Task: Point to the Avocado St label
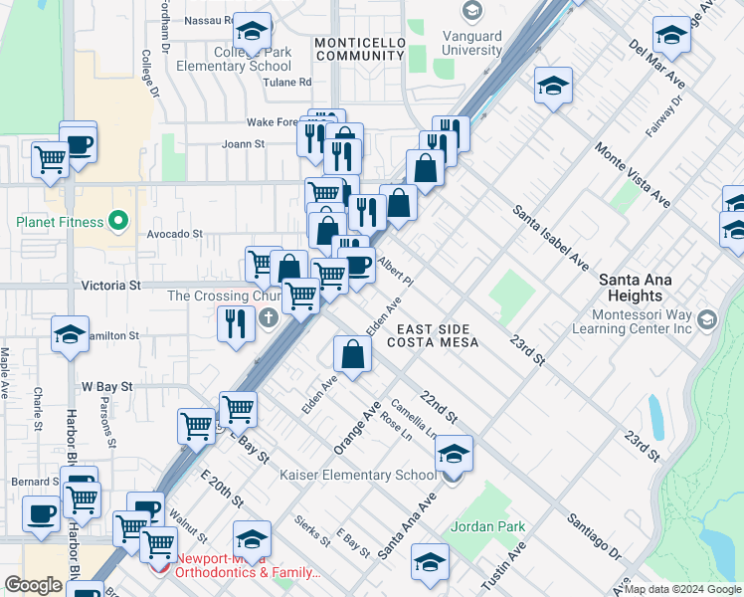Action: point(174,235)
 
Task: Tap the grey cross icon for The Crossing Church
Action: point(268,320)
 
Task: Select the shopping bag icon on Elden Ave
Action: point(353,353)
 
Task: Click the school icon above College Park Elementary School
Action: point(253,30)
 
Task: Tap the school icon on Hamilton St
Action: point(70,336)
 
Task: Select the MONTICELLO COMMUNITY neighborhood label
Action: point(359,49)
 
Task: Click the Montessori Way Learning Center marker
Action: point(707,320)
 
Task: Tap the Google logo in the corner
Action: point(33,585)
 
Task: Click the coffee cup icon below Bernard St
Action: point(42,514)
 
